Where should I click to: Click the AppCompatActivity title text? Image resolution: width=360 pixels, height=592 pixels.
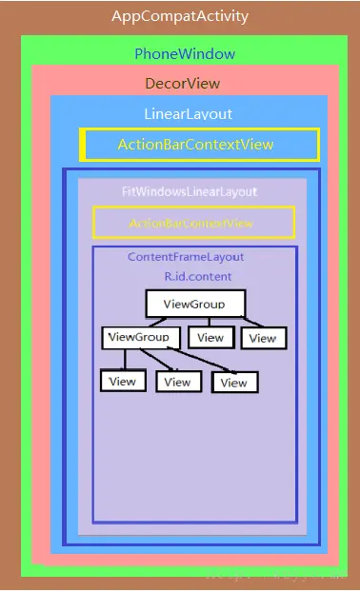180,16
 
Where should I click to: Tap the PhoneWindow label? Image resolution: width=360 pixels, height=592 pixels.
185,53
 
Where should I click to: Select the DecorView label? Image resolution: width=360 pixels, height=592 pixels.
182,84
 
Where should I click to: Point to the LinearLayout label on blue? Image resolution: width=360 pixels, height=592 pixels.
188,114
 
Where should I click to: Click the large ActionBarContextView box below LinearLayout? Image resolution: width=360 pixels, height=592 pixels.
199,145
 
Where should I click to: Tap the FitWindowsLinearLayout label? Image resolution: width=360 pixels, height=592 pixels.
190,191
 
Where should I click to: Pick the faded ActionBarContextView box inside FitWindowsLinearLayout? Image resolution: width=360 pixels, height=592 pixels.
193,223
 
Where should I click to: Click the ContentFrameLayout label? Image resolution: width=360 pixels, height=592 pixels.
186,257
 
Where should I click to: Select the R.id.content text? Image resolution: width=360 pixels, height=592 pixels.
197,276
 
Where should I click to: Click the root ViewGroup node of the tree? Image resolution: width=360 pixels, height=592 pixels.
195,304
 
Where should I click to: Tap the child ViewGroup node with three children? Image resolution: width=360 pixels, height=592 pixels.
140,337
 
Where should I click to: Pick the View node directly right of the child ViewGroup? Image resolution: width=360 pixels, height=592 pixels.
210,337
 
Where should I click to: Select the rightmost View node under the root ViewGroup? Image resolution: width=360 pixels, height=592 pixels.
263,337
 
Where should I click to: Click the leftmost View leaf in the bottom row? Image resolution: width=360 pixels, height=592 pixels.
123,381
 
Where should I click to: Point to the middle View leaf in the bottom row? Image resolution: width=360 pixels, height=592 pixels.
177,382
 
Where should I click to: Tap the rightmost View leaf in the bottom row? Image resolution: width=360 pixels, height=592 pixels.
234,383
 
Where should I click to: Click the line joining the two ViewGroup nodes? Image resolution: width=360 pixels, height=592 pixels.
159,322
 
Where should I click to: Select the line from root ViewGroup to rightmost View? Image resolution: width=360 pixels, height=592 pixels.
250,323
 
